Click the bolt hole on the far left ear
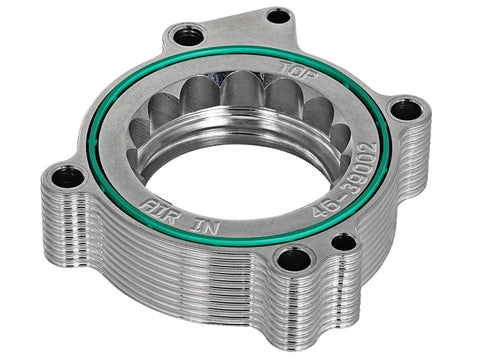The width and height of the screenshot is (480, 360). click(68, 177)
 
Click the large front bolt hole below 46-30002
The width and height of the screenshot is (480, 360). click(294, 260)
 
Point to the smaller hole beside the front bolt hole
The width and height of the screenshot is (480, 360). click(343, 241)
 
